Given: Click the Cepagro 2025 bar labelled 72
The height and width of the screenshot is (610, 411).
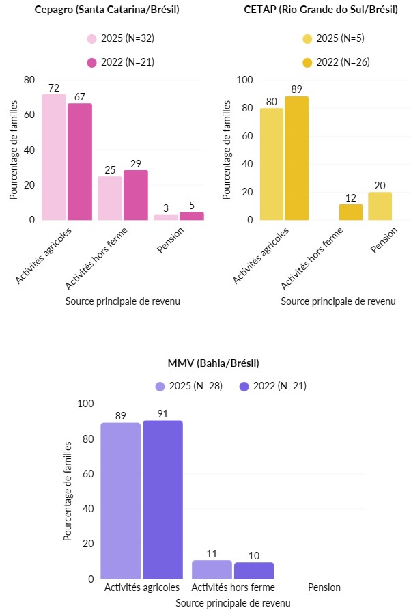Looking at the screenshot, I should click(54, 157).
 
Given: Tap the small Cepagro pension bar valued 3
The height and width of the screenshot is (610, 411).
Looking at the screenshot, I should click(165, 217).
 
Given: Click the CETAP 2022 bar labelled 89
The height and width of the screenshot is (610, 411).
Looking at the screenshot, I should click(296, 158).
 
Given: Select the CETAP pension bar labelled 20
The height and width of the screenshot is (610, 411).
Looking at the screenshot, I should click(380, 206).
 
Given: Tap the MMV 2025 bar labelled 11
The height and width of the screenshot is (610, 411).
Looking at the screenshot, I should click(212, 570).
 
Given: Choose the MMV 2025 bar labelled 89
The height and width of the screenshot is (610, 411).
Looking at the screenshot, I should click(120, 501).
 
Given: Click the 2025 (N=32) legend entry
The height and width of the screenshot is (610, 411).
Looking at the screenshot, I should click(121, 40).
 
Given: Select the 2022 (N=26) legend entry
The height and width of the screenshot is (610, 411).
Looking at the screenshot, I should click(337, 61).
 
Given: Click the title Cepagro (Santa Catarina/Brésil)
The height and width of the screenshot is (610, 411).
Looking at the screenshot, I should click(102, 9).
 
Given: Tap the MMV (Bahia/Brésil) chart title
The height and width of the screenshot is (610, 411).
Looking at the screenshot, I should click(213, 363).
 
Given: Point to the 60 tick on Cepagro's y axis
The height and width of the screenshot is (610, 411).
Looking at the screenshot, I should click(29, 115).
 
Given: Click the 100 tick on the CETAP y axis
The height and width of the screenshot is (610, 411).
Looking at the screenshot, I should click(244, 80).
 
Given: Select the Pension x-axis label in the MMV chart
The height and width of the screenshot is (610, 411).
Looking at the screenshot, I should click(324, 587).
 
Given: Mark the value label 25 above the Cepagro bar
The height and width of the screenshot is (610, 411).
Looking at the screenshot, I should click(110, 169).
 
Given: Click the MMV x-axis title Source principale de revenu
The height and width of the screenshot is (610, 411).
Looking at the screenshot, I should click(232, 603).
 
